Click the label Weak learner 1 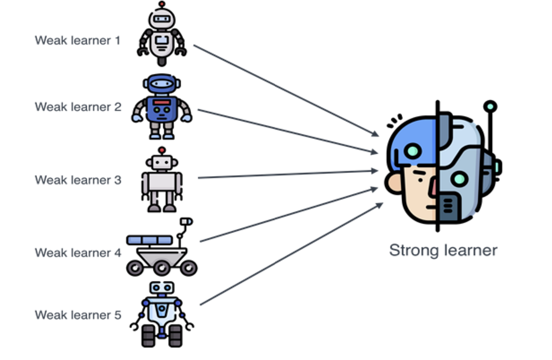tap(77, 40)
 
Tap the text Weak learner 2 tap(78, 107)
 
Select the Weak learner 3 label tap(78, 180)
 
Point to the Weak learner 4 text tap(78, 252)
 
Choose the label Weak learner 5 tap(78, 315)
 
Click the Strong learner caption tap(443, 251)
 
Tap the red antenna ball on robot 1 tap(161, 4)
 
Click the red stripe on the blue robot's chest tap(162, 102)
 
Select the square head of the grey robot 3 tap(161, 162)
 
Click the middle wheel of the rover tap(161, 267)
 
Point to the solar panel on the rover tap(149, 240)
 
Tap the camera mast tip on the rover tap(187, 222)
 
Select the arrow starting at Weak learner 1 tap(285, 90)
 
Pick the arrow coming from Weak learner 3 tap(285, 175)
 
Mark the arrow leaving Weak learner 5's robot tap(290, 255)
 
